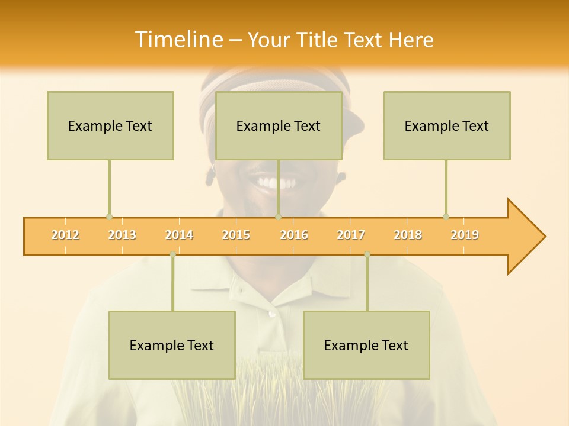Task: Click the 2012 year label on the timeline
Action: pos(65,235)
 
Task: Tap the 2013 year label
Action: pos(122,235)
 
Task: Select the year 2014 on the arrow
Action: pos(179,235)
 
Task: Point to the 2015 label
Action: pos(236,235)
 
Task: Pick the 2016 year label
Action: pos(294,235)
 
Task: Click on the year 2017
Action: pos(351,235)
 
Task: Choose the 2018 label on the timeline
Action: pos(408,235)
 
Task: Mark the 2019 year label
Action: pos(465,235)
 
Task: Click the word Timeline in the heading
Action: pos(178,40)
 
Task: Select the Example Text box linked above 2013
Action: pos(110,125)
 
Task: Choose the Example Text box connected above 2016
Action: pos(279,125)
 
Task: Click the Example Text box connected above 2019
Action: pos(447,125)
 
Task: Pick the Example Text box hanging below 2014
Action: pos(172,345)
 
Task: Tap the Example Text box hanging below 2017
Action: pos(366,345)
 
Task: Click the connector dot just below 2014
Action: pos(172,254)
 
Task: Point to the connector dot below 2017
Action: pos(367,254)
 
